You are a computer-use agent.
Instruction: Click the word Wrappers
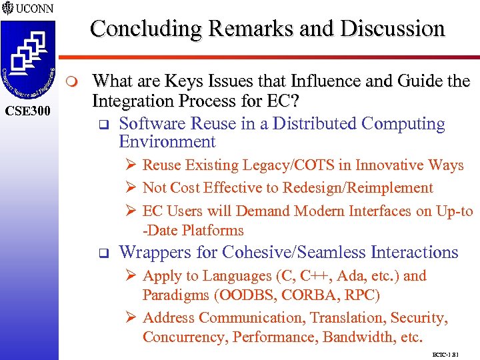pyautogui.click(x=151, y=253)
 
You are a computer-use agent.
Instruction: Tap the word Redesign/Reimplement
pyautogui.click(x=358, y=188)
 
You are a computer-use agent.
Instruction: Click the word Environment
pyautogui.click(x=167, y=142)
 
